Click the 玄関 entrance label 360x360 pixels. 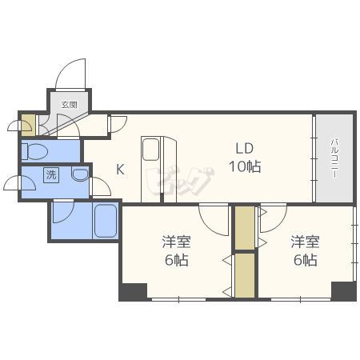point(70,105)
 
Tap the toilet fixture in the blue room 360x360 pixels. point(34,151)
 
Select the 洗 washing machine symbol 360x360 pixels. point(51,175)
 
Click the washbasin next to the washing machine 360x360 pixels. point(80,175)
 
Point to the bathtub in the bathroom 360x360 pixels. point(106,221)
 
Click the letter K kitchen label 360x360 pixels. point(120,169)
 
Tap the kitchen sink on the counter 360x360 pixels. point(150,150)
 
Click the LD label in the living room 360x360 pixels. point(244,148)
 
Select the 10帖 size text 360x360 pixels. point(245,166)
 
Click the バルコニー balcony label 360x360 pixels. point(334,158)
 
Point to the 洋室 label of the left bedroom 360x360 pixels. point(176,242)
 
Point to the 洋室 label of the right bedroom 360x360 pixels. point(305,242)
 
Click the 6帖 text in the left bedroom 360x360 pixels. point(176,260)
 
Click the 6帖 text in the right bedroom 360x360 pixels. point(306,260)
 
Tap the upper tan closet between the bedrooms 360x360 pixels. point(245,228)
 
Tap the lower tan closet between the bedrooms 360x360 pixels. point(245,275)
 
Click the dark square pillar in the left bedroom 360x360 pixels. point(133,292)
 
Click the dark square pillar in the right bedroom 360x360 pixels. point(344,291)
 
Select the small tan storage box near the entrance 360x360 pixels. point(28,125)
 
